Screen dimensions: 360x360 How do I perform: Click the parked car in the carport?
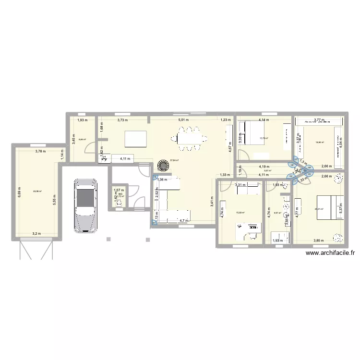click(x=85, y=205)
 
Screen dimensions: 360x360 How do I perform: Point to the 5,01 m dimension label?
click(x=183, y=120)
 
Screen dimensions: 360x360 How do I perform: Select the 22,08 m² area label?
click(x=37, y=191)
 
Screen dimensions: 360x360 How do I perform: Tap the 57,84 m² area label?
click(x=174, y=161)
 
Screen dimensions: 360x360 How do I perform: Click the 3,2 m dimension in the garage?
click(x=37, y=234)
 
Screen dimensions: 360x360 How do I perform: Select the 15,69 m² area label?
click(x=240, y=213)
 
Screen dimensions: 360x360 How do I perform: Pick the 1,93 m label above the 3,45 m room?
click(x=82, y=120)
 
